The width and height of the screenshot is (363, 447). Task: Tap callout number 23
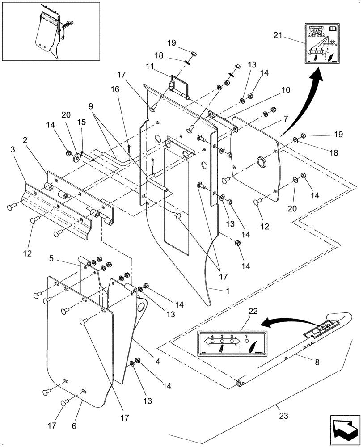tap(283, 416)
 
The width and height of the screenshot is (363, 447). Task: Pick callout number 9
tap(91, 107)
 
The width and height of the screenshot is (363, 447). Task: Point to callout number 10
tap(286, 90)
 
